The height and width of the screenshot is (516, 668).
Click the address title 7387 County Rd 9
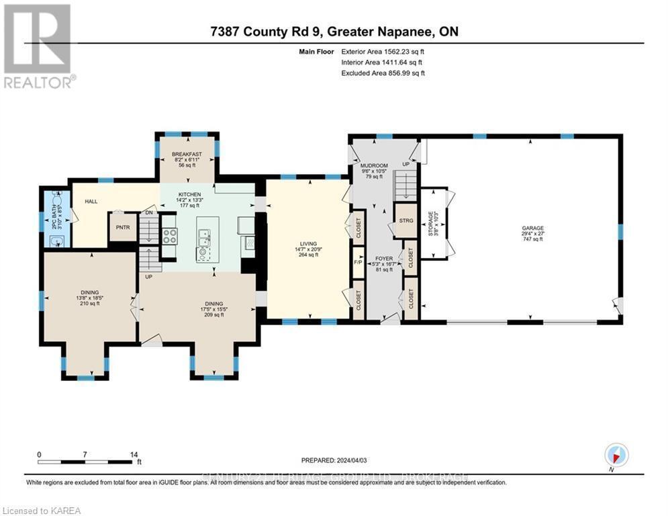(x=334, y=32)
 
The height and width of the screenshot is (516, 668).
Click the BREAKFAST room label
(x=187, y=153)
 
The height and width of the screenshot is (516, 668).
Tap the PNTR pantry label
(x=123, y=227)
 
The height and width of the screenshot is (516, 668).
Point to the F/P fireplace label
(x=358, y=261)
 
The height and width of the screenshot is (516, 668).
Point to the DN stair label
(x=150, y=214)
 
